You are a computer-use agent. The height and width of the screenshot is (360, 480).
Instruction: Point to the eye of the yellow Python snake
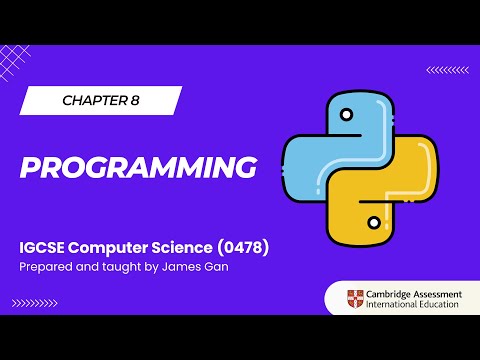click(x=374, y=219)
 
